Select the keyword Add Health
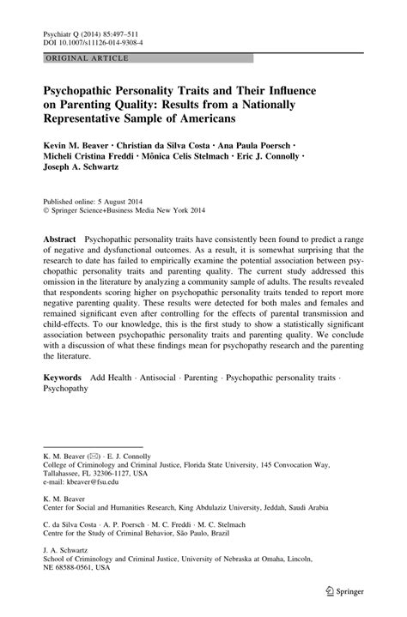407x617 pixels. tap(115, 401)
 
